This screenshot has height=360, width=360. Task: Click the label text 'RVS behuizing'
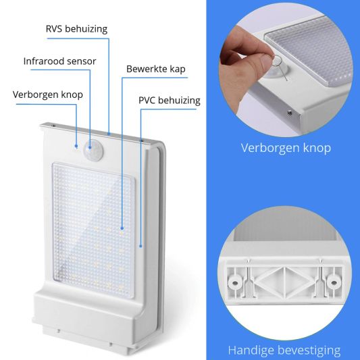(76, 29)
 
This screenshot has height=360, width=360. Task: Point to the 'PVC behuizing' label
(169, 101)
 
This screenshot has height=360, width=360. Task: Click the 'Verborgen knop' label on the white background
(48, 94)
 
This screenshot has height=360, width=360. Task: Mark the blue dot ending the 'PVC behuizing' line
(140, 247)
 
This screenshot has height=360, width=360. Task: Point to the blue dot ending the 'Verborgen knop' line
(76, 145)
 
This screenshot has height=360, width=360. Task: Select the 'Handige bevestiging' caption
(284, 350)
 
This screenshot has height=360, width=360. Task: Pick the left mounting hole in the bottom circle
(236, 278)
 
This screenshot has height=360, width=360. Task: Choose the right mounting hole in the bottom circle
(332, 278)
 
